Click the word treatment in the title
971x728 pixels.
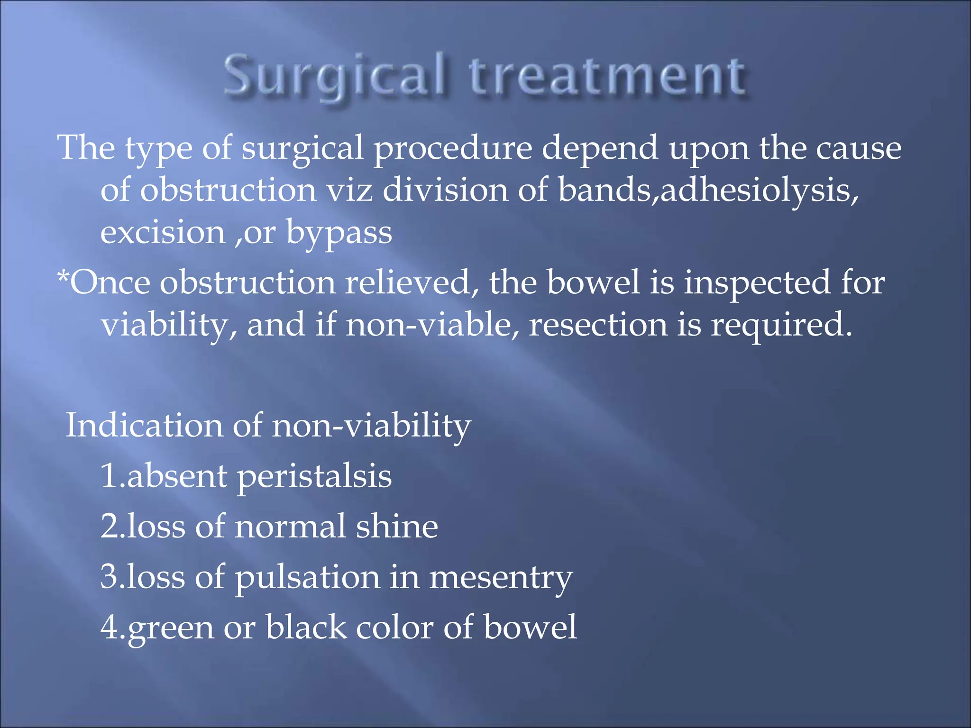coord(607,76)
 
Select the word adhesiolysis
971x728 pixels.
coord(759,191)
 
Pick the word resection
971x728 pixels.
coord(598,325)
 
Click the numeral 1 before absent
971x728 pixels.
coord(109,476)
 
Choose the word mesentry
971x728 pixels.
coord(501,578)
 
